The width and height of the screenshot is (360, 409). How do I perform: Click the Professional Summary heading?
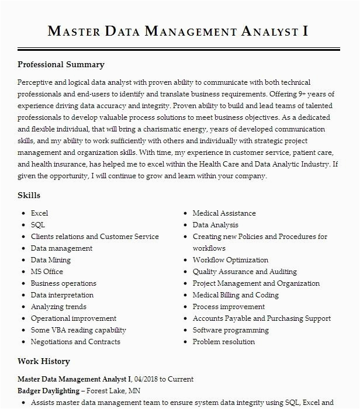61,65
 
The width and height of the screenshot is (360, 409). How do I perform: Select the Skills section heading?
29,195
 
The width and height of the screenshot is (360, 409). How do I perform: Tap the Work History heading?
43,361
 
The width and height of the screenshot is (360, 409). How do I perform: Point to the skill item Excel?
39,213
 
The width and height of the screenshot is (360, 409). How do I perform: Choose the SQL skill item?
37,225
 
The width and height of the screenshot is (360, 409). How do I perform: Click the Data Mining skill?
50,260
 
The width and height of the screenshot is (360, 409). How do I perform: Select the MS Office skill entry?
47,272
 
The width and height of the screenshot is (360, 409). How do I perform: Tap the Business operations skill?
63,283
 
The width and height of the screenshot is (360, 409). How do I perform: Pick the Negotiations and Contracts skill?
75,342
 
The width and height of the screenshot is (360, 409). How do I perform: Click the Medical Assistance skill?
224,213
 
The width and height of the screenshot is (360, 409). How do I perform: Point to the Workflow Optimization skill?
230,260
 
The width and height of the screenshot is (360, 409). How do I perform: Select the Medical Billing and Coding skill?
236,295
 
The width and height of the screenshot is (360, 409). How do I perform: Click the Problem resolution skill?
223,342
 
